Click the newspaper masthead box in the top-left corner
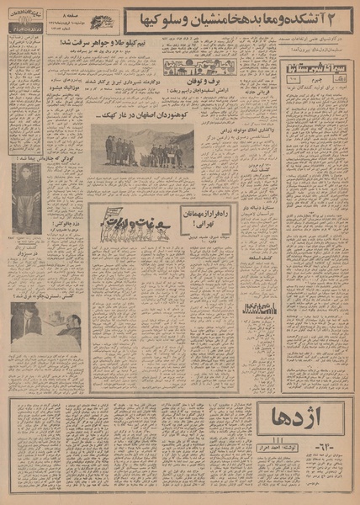click(24, 18)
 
